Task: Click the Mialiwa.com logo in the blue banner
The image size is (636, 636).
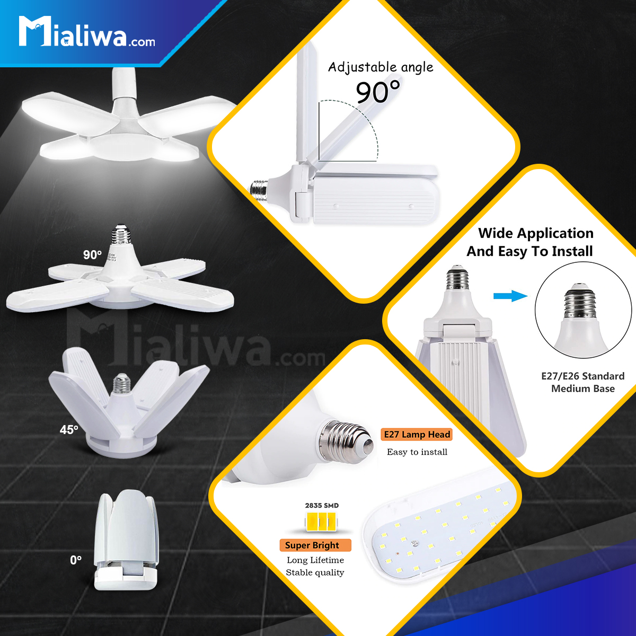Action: tap(87, 31)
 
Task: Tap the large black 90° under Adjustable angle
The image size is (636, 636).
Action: tap(377, 92)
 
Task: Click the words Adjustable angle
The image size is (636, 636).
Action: tap(381, 67)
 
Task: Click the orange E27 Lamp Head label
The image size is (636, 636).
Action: tap(417, 435)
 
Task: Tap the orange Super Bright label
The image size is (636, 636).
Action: tap(315, 545)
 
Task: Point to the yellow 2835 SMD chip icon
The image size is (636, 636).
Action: tap(321, 522)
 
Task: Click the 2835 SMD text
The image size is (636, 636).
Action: tap(322, 505)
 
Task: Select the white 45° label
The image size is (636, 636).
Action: tap(69, 429)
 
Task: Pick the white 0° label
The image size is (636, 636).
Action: tap(76, 560)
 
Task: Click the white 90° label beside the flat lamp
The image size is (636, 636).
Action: tap(92, 254)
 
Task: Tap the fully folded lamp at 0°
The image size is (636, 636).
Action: tap(126, 540)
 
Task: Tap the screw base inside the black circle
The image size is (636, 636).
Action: tap(580, 302)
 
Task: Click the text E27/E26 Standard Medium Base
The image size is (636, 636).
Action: tap(583, 382)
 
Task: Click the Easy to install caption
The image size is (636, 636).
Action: tap(417, 452)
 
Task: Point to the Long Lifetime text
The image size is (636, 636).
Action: tap(315, 560)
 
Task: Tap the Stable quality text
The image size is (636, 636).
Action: tap(315, 572)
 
